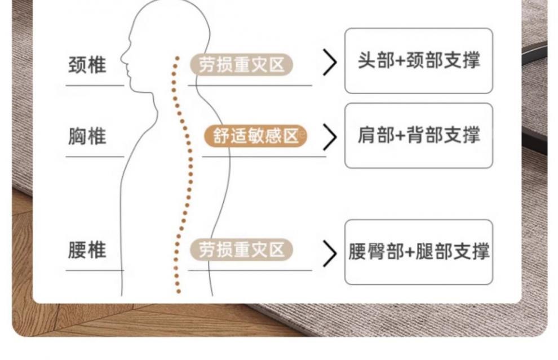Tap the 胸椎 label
(x=87, y=136)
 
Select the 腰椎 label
(x=87, y=250)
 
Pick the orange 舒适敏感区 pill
(x=255, y=136)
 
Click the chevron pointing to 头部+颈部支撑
(x=329, y=62)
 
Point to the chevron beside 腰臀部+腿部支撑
(x=330, y=252)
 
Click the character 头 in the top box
(x=367, y=61)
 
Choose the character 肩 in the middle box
(x=367, y=135)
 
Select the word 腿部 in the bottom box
(x=433, y=252)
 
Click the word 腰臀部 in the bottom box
(x=376, y=252)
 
